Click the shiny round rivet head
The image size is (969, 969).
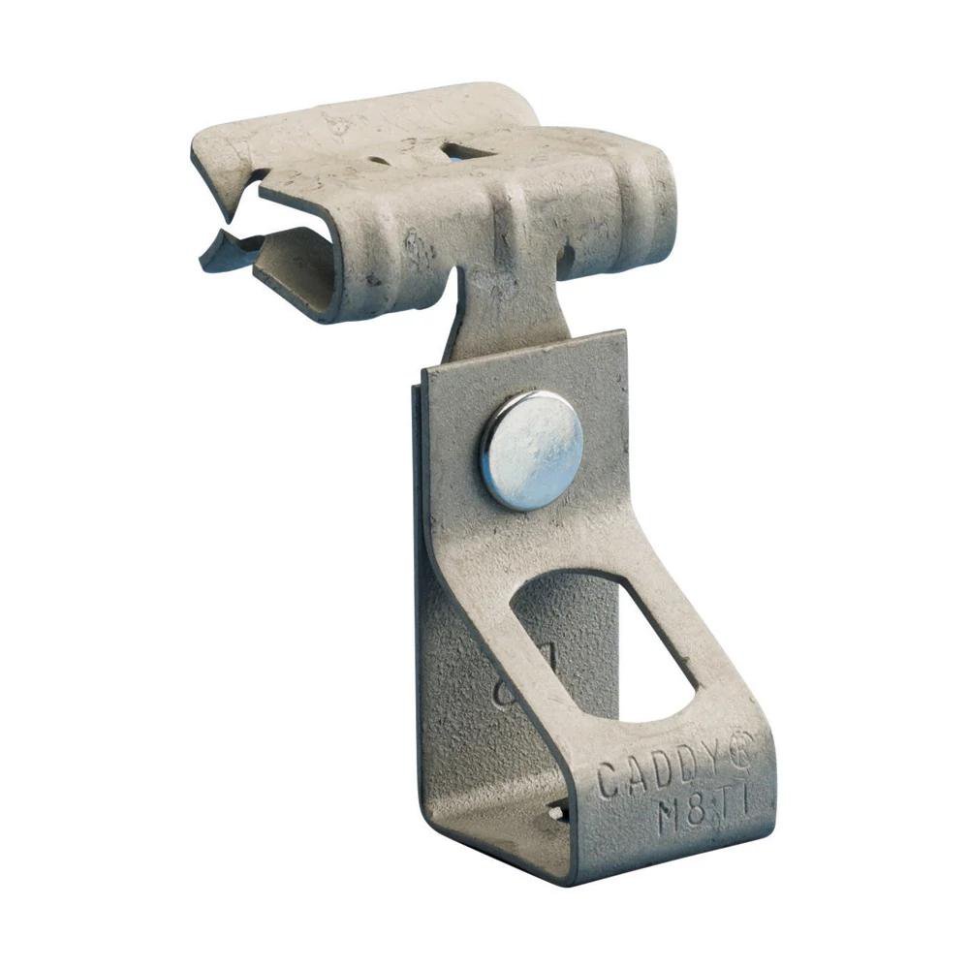point(532,451)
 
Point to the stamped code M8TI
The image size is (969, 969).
point(703,813)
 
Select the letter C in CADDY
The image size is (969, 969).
point(608,781)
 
